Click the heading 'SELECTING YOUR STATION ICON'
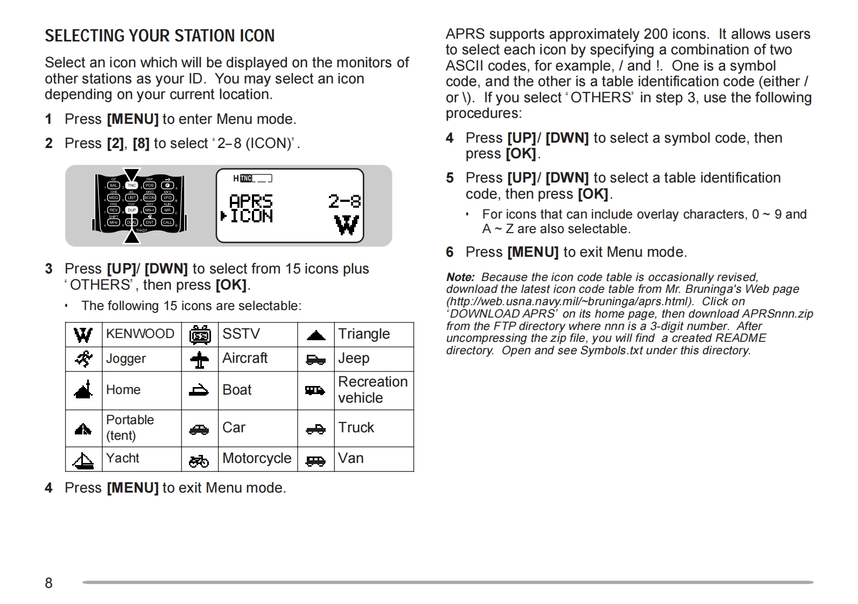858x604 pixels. (x=159, y=36)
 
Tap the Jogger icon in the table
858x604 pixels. (x=83, y=359)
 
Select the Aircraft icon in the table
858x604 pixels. (x=200, y=360)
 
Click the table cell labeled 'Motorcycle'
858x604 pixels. (x=257, y=459)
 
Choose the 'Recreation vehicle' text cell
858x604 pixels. (x=372, y=390)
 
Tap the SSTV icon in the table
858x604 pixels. (x=200, y=335)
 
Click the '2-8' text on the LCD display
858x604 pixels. (x=344, y=201)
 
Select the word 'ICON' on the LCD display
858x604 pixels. (x=251, y=216)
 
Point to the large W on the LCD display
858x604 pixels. (x=346, y=225)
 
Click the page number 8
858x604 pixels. (x=48, y=583)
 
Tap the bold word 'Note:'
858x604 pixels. (x=460, y=277)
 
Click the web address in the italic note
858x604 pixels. (x=569, y=301)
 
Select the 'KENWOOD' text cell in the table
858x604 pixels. (x=140, y=334)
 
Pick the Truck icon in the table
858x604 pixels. (x=315, y=429)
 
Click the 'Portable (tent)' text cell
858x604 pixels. (x=130, y=428)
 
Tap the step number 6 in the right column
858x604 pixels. (x=450, y=252)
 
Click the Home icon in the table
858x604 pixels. (x=83, y=390)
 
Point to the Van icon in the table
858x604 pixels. (x=315, y=461)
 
